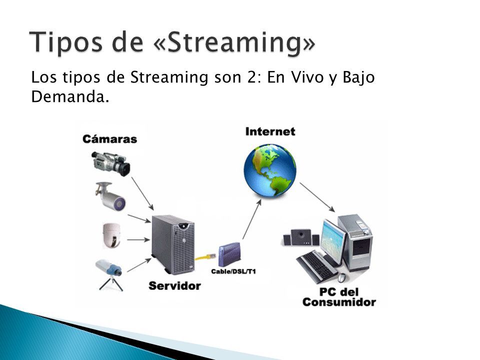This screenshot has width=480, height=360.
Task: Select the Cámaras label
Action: coord(109,139)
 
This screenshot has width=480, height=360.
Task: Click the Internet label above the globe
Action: coord(270,131)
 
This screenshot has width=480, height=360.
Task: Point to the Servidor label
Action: coord(175,285)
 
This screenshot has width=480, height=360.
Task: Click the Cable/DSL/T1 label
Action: coord(233,271)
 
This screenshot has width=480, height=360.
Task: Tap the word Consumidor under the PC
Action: coord(339,302)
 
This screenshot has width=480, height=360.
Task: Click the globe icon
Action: coord(270,170)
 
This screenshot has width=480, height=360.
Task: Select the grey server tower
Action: coord(173,244)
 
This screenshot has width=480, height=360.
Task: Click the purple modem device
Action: coord(229,254)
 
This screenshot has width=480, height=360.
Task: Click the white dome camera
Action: coord(111,235)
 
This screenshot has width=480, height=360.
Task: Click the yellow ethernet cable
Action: coord(205,256)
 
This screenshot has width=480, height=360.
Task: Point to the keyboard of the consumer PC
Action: coord(317,266)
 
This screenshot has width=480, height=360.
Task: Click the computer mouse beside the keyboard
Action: coord(342,277)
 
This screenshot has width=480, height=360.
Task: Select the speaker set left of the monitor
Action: coord(301,237)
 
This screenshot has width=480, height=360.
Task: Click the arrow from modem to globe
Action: coord(252,219)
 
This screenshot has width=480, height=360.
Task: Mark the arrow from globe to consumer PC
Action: coord(317,197)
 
